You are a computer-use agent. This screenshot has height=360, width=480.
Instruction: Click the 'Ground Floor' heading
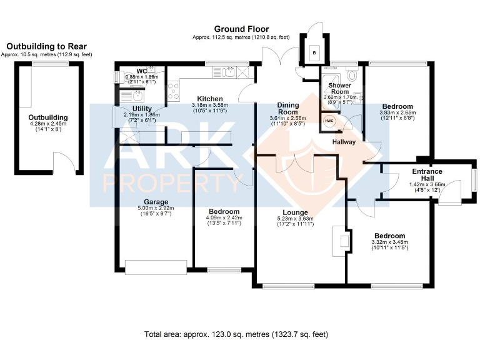241,29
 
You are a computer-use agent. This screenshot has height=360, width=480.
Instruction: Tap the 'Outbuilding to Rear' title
47,46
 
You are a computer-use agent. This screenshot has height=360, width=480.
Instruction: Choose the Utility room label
134,108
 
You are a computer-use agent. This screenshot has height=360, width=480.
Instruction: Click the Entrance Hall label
427,175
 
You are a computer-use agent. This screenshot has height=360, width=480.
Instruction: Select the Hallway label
344,142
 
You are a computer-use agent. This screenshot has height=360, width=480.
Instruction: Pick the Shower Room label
340,88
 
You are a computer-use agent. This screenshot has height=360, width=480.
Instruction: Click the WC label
141,71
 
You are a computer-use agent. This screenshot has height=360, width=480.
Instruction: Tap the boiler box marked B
314,53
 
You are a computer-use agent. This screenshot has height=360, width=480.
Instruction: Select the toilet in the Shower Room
354,76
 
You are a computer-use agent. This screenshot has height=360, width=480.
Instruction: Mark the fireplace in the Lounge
341,241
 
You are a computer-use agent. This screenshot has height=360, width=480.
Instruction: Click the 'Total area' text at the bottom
236,334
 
